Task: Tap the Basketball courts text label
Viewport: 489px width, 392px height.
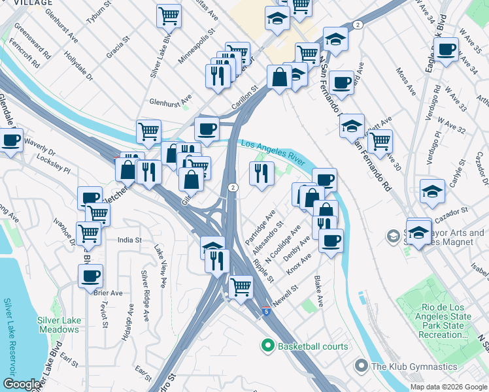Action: (313, 346)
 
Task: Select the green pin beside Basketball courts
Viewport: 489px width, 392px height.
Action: (267, 346)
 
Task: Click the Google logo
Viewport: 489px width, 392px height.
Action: (21, 384)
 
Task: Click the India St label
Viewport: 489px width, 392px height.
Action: (129, 240)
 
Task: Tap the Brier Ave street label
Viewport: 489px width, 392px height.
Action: (109, 293)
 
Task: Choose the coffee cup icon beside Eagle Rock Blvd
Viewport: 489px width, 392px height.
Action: (447, 50)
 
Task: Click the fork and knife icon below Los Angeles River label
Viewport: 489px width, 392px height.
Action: (260, 174)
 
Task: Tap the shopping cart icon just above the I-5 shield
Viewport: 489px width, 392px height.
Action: (241, 286)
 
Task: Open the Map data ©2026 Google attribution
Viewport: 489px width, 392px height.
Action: (448, 387)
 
